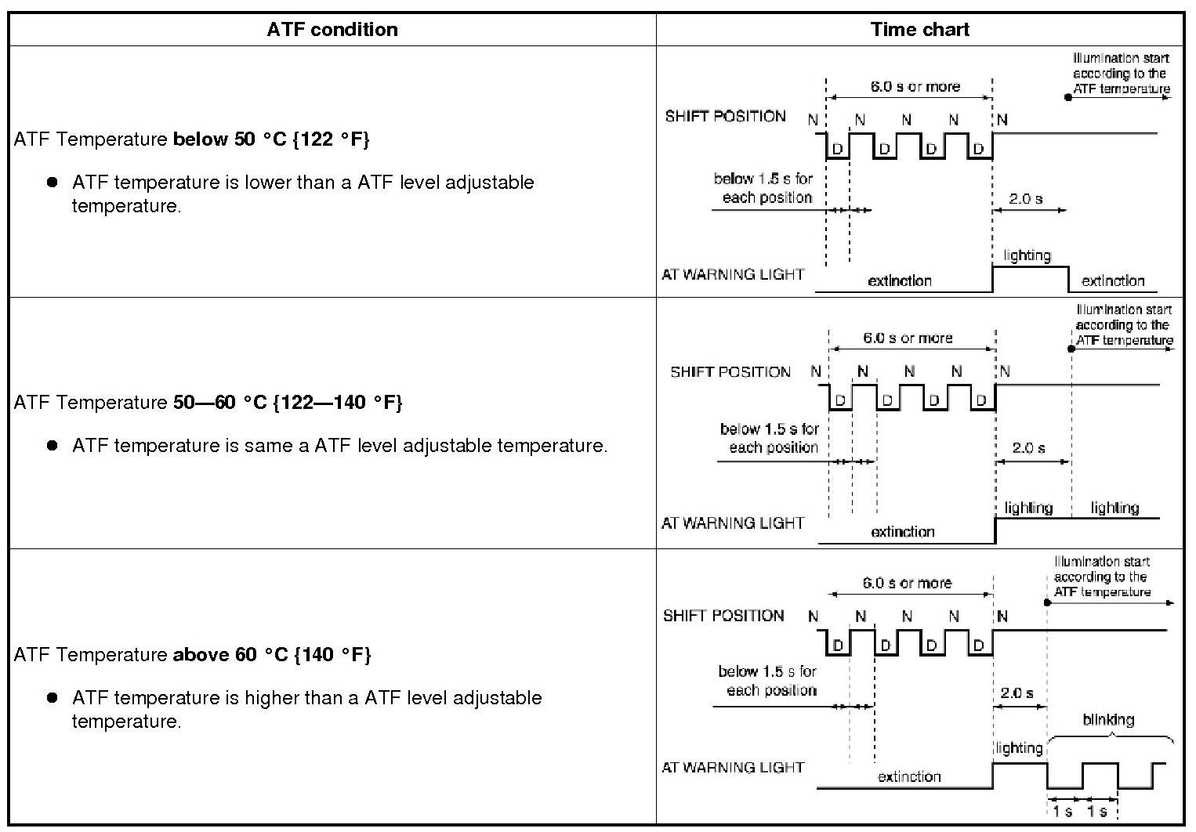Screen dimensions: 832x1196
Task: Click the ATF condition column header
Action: pyautogui.click(x=332, y=30)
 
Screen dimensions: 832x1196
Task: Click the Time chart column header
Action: pyautogui.click(x=919, y=30)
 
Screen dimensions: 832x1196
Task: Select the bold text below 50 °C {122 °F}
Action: pyautogui.click(x=271, y=139)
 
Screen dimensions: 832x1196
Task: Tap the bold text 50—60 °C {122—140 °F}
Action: pyautogui.click(x=287, y=403)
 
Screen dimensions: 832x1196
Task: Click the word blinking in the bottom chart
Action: pyautogui.click(x=1108, y=720)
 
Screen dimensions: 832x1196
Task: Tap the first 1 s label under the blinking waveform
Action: pyautogui.click(x=1063, y=812)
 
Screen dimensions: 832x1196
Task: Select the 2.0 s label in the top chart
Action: pyautogui.click(x=1026, y=199)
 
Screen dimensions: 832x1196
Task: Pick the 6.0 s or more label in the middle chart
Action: pyautogui.click(x=908, y=338)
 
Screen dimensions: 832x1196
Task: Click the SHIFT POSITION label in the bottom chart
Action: pyautogui.click(x=723, y=616)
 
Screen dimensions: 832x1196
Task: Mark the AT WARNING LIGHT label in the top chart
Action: pyautogui.click(x=733, y=274)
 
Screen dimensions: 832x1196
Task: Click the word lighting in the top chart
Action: pyautogui.click(x=1027, y=255)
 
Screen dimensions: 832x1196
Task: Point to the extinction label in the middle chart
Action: pyautogui.click(x=903, y=532)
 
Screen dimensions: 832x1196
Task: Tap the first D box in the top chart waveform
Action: pyautogui.click(x=837, y=149)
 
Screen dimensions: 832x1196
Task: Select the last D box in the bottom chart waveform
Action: pyautogui.click(x=978, y=646)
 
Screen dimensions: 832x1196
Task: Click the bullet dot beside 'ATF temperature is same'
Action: pyautogui.click(x=53, y=445)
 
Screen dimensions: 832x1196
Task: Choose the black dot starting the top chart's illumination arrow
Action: pyautogui.click(x=1068, y=97)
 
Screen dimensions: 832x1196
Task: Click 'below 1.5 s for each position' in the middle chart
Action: pyautogui.click(x=770, y=439)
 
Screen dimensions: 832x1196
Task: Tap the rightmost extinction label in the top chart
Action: pyautogui.click(x=1113, y=280)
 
